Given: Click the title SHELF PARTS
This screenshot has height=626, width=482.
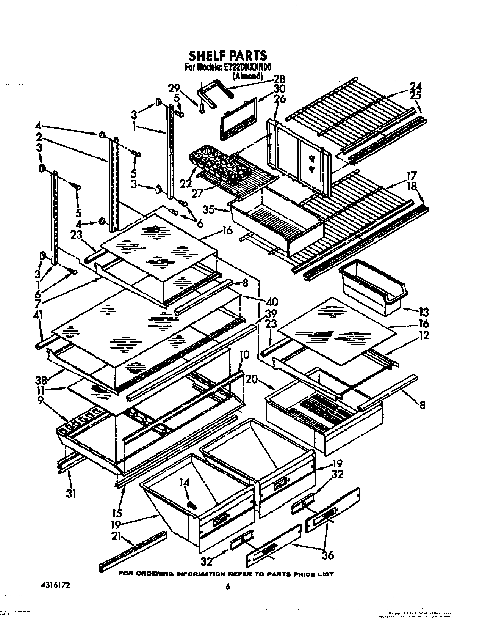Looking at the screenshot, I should pos(228,56).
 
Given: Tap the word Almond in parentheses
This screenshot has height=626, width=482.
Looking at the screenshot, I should pos(247,75).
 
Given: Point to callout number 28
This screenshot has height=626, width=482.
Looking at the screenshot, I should pos(280,79).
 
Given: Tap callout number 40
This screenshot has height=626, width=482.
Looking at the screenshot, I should pos(272,302).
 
